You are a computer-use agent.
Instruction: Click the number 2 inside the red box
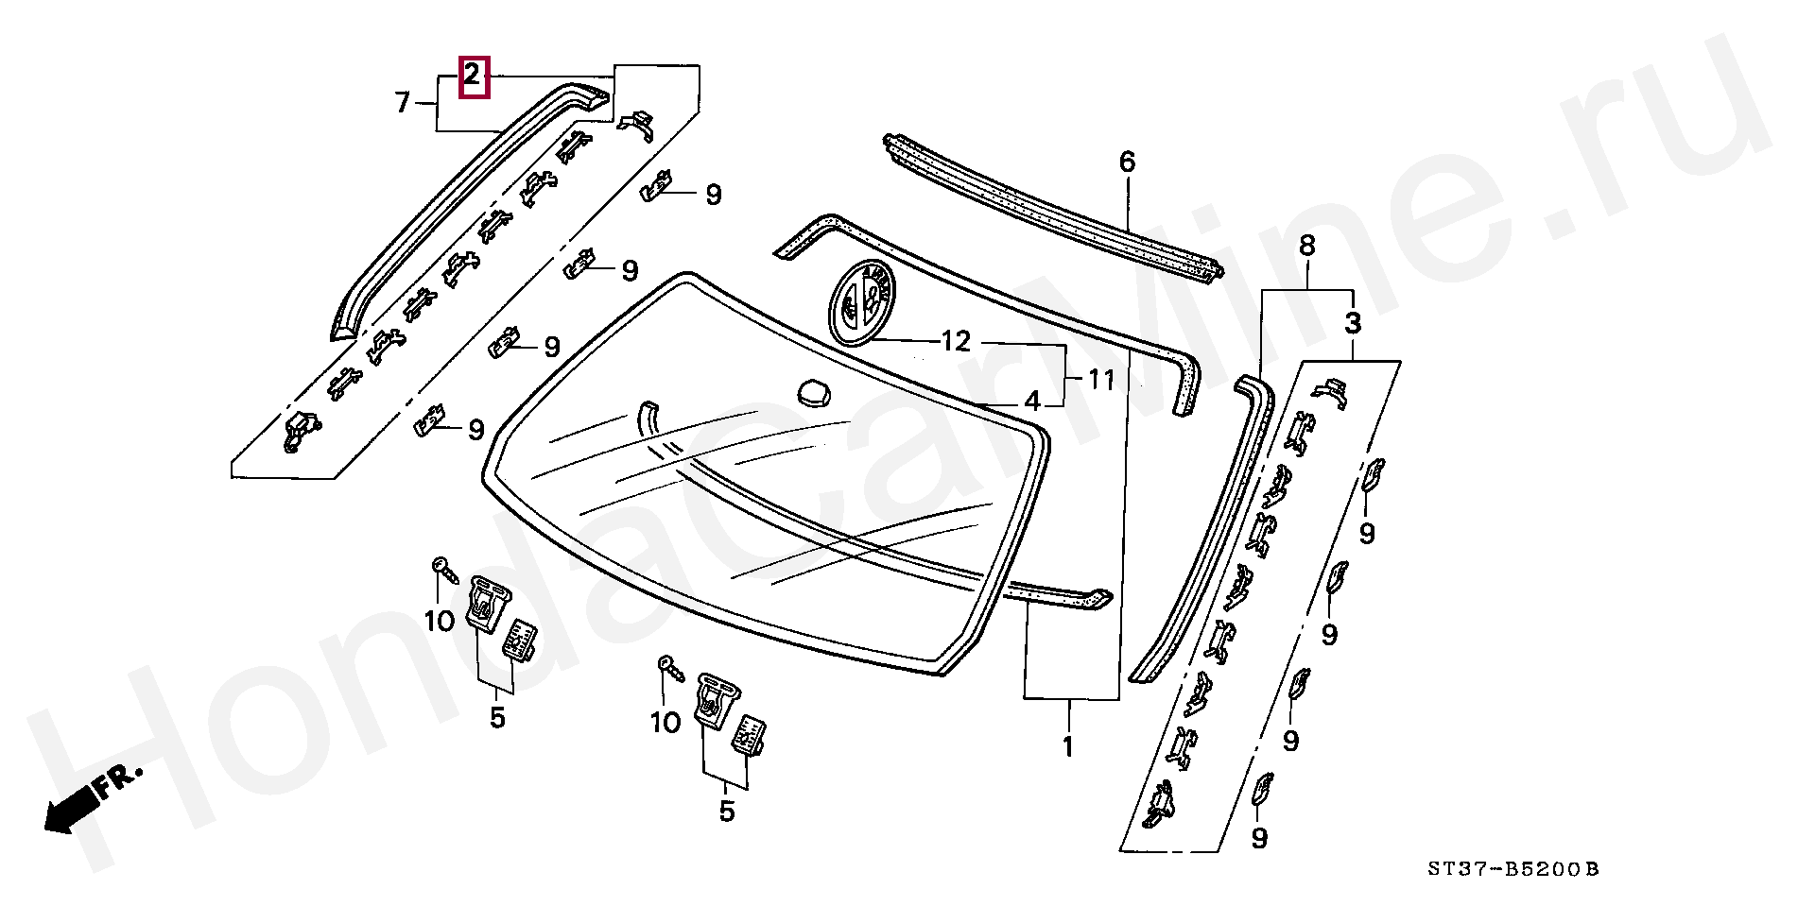(x=473, y=77)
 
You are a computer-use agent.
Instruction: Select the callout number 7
(x=403, y=101)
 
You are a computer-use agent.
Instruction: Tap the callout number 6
(x=1127, y=162)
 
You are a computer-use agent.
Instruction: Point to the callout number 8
(x=1306, y=246)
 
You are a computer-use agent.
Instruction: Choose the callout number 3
(x=1353, y=323)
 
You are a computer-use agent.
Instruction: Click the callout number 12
(x=956, y=341)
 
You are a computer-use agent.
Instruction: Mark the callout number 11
(x=1101, y=380)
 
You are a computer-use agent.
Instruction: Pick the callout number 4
(x=1032, y=402)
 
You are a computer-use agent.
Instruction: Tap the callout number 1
(x=1068, y=746)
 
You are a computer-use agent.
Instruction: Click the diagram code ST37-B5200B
(x=1512, y=869)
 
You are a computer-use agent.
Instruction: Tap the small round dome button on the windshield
(x=814, y=392)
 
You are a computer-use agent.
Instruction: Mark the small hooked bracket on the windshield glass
(x=648, y=416)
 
